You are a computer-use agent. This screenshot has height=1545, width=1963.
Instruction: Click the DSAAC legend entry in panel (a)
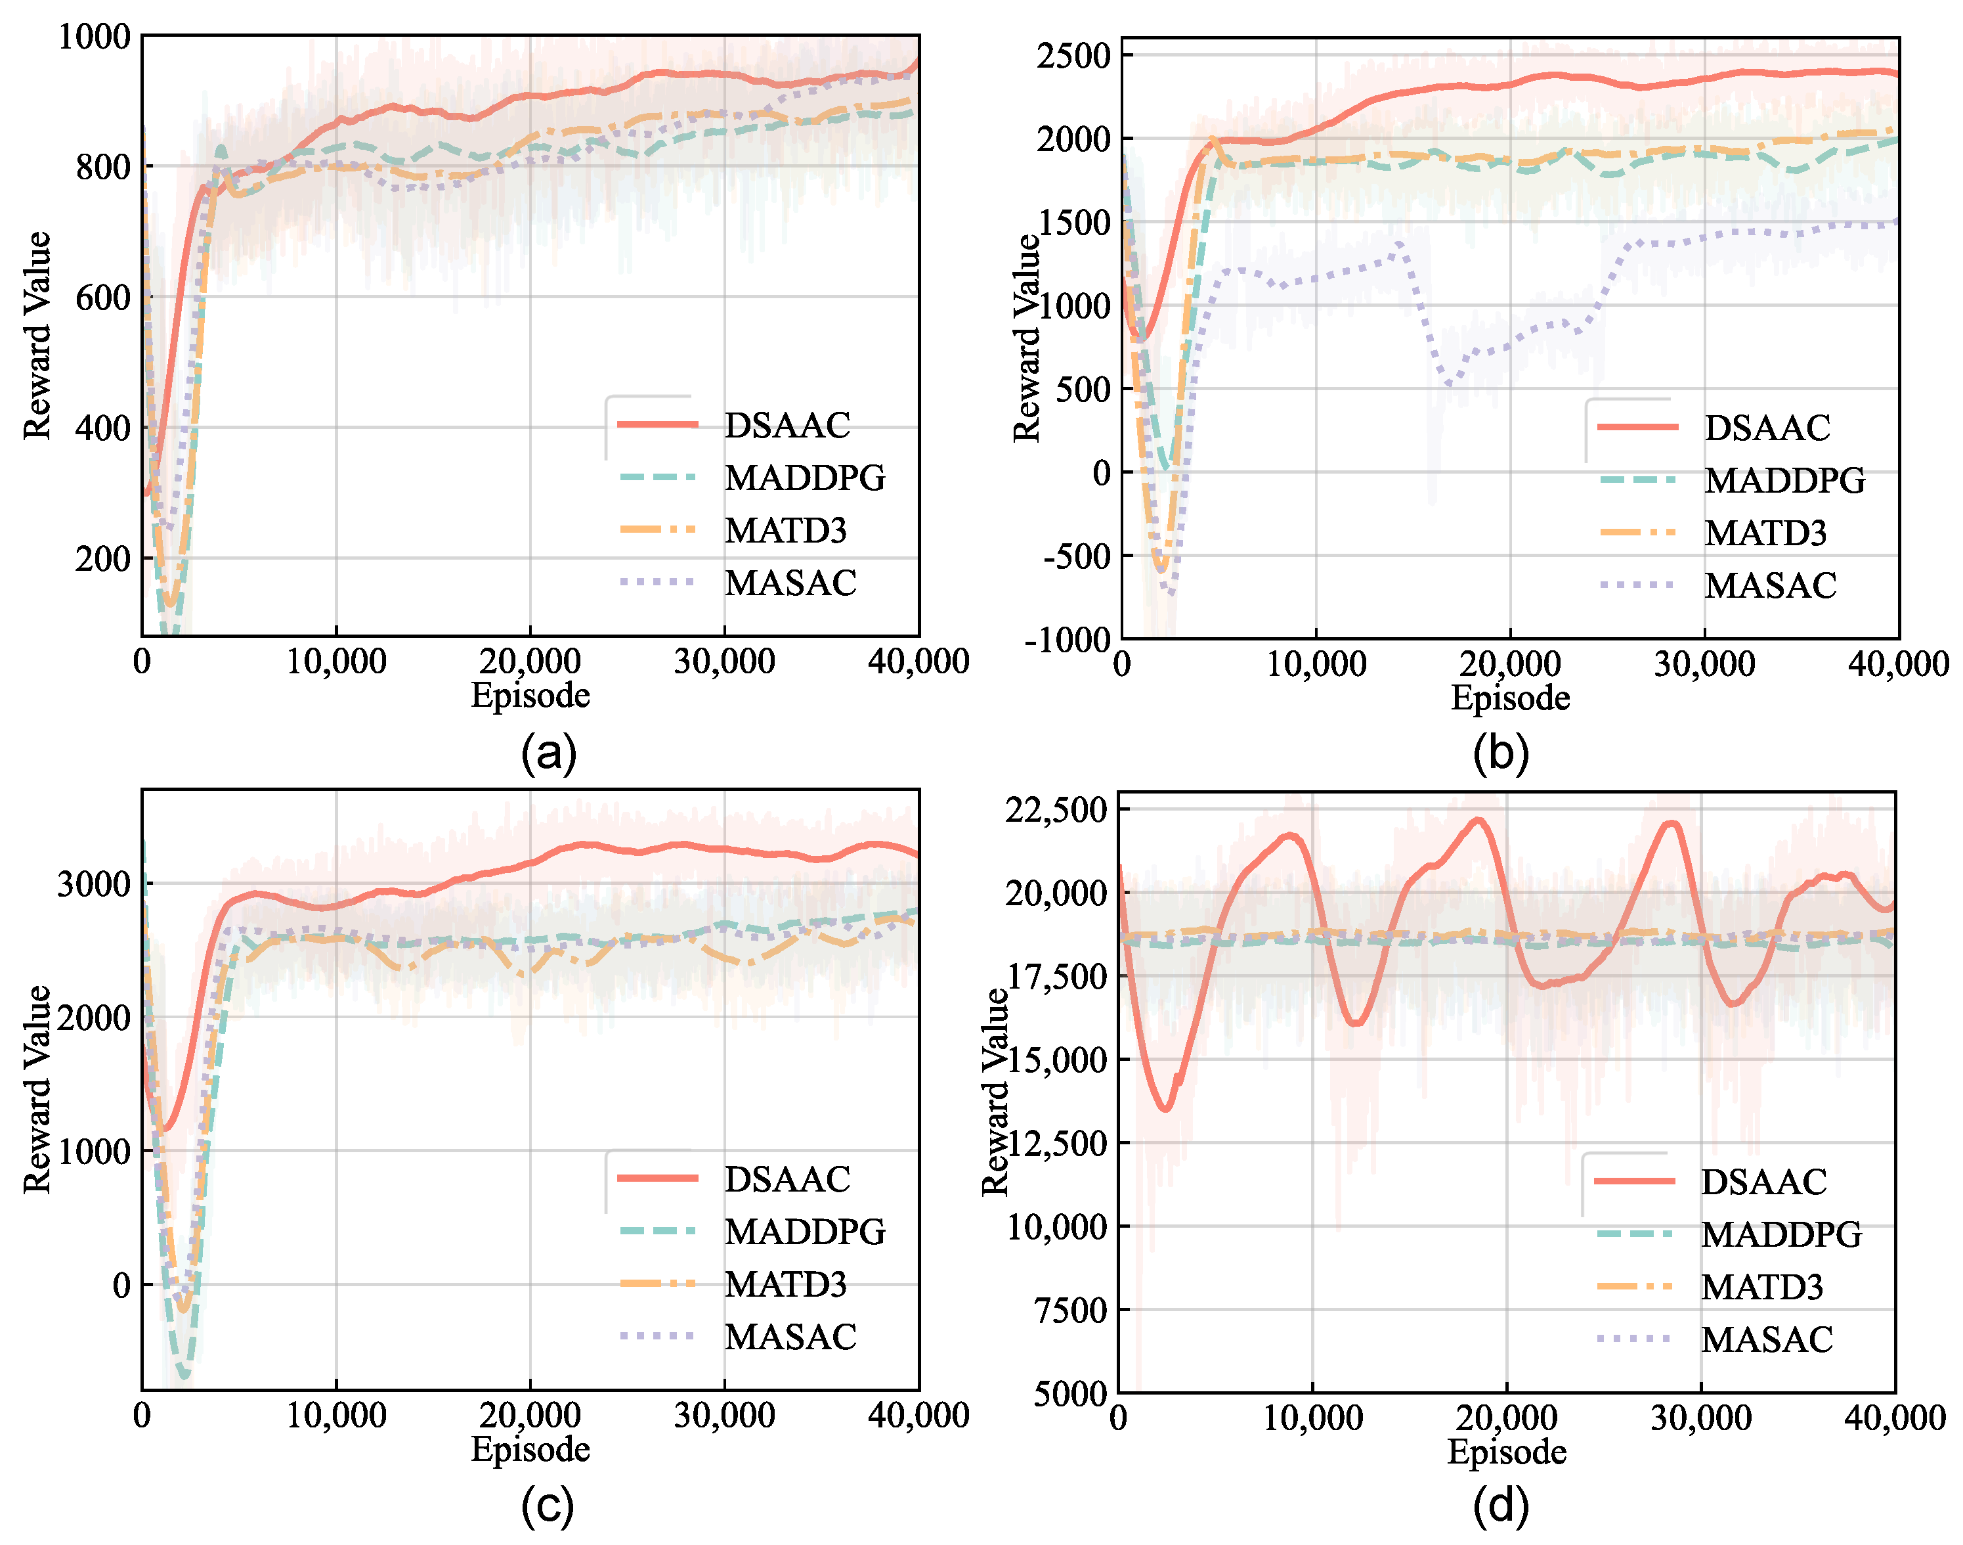tap(787, 425)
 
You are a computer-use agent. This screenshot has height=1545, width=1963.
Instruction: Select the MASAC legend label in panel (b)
tap(1769, 586)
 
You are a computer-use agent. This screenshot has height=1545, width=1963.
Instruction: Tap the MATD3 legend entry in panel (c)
tap(785, 1284)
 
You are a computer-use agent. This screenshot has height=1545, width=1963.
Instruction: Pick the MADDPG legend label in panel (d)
tap(1780, 1235)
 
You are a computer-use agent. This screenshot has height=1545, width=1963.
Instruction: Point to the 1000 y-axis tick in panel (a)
tap(94, 37)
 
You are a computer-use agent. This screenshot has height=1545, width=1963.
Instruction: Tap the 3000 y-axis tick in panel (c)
tap(94, 884)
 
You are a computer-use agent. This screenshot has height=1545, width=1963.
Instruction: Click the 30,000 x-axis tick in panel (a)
tap(723, 661)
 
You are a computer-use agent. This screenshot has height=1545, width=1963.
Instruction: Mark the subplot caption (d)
tap(1500, 1505)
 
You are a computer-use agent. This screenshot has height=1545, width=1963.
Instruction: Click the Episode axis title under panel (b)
tap(1510, 698)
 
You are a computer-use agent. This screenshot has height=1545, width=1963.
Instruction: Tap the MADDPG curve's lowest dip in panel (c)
tap(185, 1376)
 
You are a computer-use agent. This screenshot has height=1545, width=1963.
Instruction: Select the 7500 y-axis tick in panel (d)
tap(1071, 1310)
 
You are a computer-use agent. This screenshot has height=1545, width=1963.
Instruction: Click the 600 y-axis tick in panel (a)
tap(103, 298)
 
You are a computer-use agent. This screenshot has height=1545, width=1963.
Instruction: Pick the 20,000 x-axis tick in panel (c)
tap(530, 1416)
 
